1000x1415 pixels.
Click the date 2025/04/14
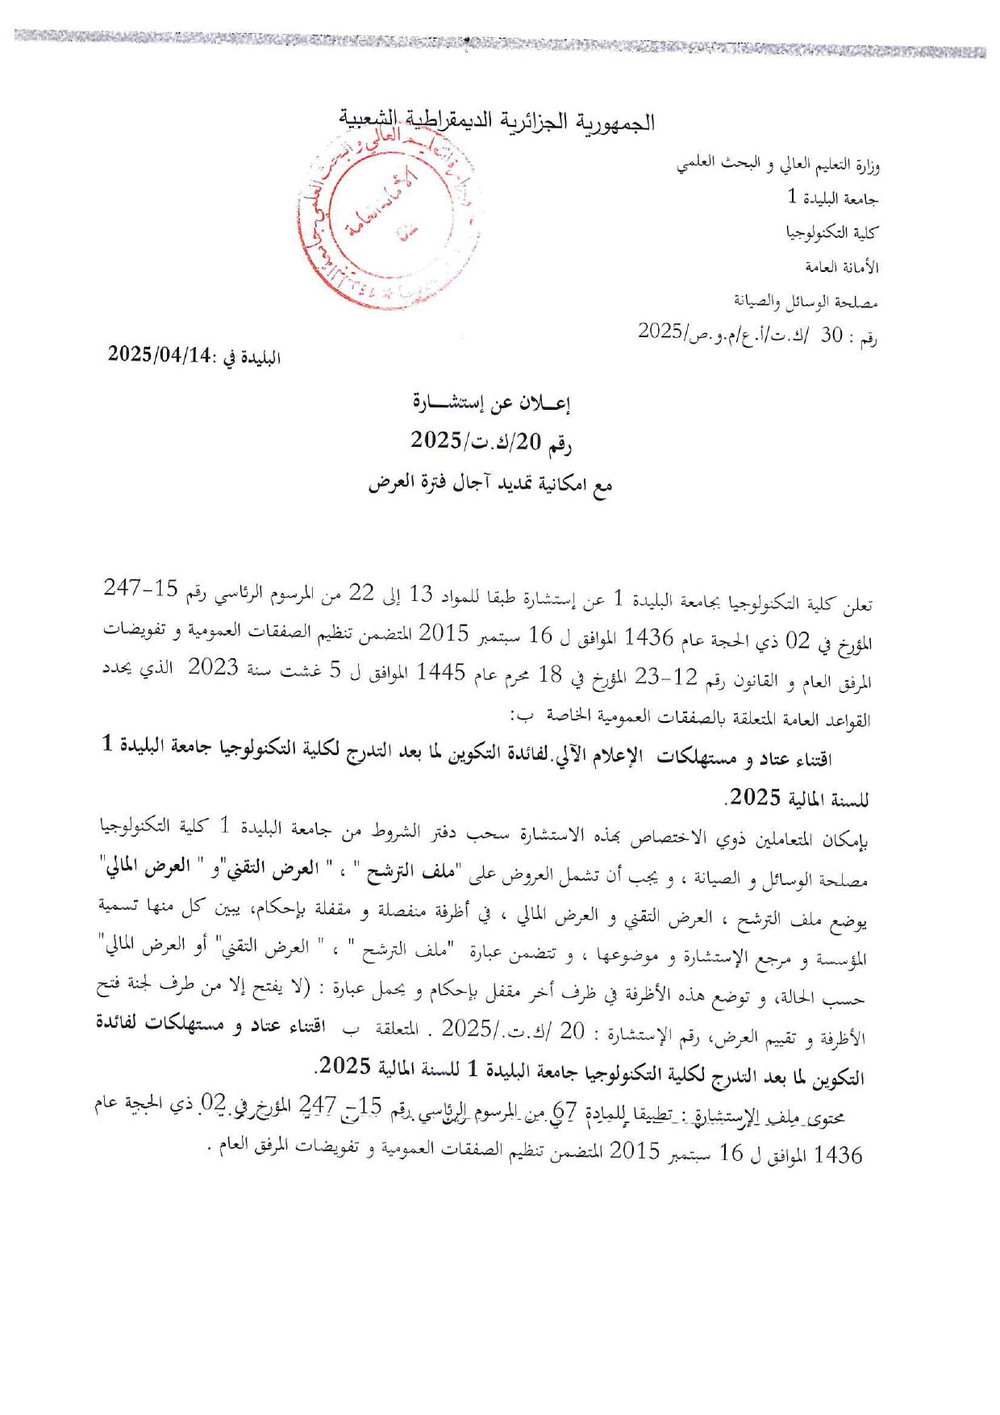pos(160,354)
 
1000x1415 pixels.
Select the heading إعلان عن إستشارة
pos(491,403)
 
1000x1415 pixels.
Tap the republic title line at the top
pos(496,122)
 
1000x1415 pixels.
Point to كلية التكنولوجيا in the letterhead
pos(831,232)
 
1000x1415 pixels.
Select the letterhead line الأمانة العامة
pos(841,267)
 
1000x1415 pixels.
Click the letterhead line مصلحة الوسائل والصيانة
pos(805,302)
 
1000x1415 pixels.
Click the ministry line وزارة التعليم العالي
pos(777,165)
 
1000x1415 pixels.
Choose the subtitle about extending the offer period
pos(490,483)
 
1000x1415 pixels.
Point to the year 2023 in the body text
pos(213,668)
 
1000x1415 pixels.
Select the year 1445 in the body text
pos(441,673)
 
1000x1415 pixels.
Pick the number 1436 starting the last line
pos(839,1155)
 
